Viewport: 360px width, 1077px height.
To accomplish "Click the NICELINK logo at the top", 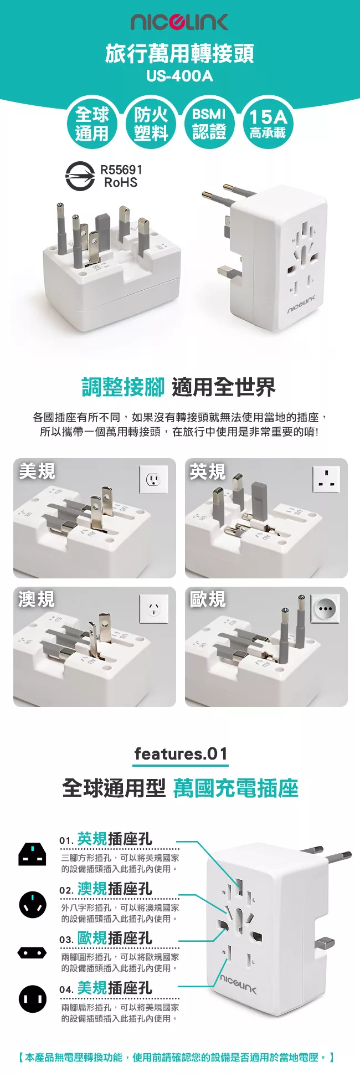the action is [x=179, y=22].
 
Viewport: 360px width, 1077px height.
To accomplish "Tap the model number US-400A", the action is [x=179, y=76].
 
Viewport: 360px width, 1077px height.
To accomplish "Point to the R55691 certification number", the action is [x=121, y=170].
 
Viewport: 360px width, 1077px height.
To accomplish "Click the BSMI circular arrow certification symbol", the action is [x=80, y=176].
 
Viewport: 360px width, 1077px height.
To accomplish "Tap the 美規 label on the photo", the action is [x=37, y=471].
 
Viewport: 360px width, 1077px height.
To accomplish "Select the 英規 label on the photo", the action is [x=208, y=471].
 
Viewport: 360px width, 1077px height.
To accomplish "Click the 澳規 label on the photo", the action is [x=37, y=599].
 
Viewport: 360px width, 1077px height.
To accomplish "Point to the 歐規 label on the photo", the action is [x=208, y=599].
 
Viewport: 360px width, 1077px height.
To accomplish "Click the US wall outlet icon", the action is [x=153, y=479].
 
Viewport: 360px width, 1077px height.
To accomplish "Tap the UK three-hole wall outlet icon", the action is [x=326, y=479].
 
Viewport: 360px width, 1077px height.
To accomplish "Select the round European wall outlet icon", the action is [x=325, y=609].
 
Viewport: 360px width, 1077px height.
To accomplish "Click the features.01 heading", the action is [x=181, y=753].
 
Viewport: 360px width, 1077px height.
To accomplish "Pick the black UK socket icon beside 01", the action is [x=32, y=854].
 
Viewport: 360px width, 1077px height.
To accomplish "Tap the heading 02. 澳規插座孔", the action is [x=106, y=889].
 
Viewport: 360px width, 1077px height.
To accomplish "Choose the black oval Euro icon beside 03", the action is [x=32, y=953].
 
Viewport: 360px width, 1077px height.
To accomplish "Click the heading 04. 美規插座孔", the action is [x=106, y=988].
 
